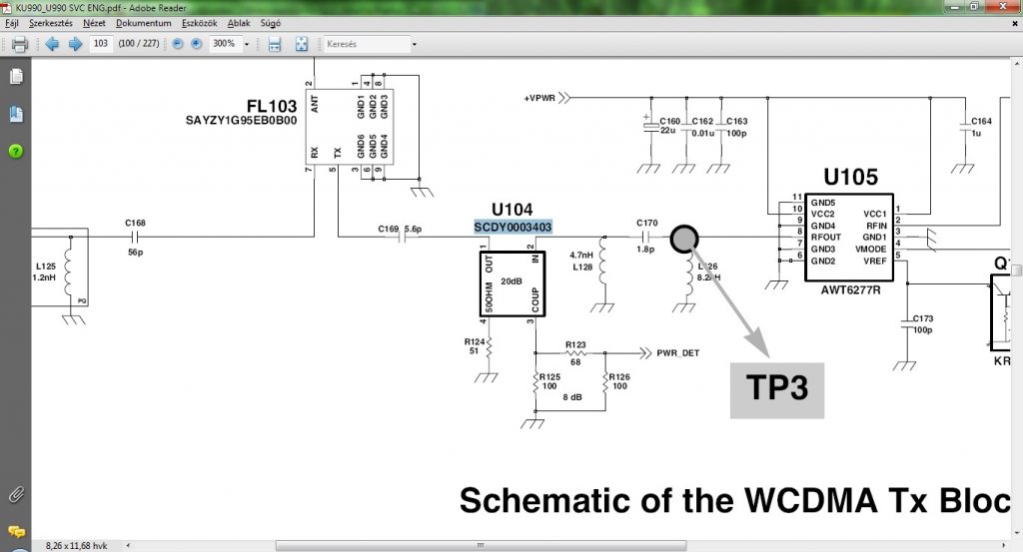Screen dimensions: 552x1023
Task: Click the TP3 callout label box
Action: [x=776, y=387]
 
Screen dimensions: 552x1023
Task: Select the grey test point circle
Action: [x=685, y=238]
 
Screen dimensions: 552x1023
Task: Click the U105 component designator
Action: [x=850, y=178]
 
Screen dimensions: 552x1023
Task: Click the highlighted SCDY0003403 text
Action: [x=512, y=227]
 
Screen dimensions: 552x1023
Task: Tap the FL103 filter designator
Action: [x=272, y=106]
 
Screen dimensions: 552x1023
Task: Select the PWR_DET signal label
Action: [x=677, y=352]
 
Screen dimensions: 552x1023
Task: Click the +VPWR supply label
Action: [x=539, y=98]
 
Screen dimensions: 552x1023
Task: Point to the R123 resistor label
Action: [x=575, y=344]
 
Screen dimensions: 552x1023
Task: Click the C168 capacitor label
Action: [x=135, y=223]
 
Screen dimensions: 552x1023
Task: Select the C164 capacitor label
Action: [x=981, y=120]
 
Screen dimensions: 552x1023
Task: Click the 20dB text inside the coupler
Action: [x=511, y=281]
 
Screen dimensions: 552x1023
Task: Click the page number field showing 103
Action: [x=101, y=44]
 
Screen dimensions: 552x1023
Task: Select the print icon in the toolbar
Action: [x=19, y=44]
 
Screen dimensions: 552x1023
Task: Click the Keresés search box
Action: [x=366, y=44]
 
